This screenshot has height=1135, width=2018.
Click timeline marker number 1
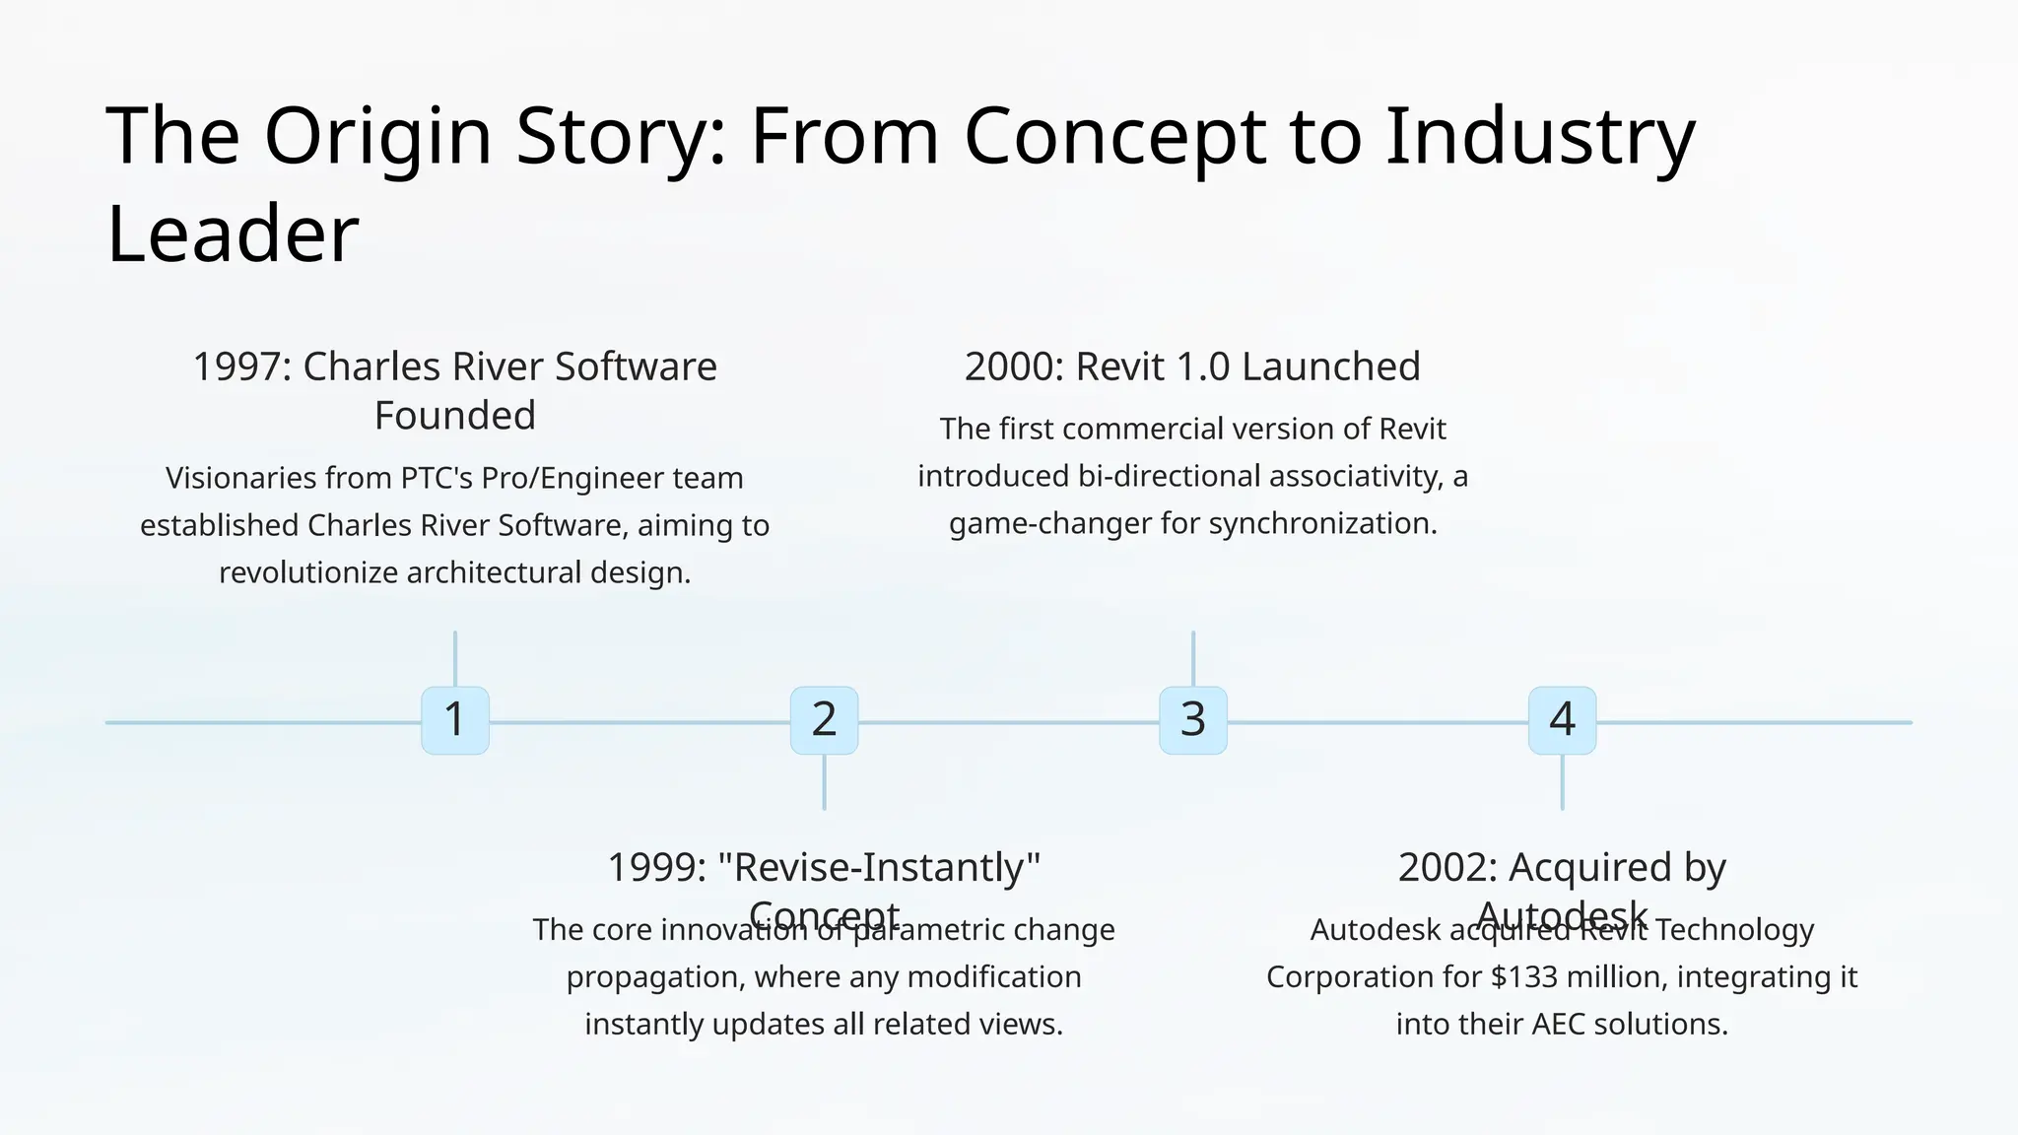[x=454, y=720]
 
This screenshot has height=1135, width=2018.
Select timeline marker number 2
[x=824, y=720]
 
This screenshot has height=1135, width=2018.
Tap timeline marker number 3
[x=1192, y=720]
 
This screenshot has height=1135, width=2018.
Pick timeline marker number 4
[x=1562, y=720]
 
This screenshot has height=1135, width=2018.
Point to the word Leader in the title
[x=233, y=234]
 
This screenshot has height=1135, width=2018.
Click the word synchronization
[x=1322, y=523]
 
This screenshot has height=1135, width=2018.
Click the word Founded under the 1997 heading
[x=454, y=416]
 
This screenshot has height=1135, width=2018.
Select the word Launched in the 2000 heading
[x=1330, y=367]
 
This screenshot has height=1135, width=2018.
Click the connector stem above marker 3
[x=1192, y=658]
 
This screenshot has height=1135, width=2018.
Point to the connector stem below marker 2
[x=824, y=782]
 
